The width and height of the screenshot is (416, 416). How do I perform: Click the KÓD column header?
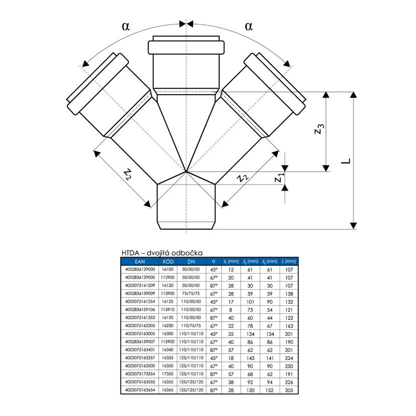(x=168, y=262)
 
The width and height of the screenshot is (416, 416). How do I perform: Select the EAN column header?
(x=139, y=262)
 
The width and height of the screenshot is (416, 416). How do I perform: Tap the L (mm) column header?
(x=289, y=262)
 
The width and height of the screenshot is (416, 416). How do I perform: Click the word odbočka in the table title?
(x=189, y=254)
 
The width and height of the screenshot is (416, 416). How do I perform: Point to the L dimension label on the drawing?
(x=346, y=160)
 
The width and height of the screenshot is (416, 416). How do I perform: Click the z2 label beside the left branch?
(x=128, y=174)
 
